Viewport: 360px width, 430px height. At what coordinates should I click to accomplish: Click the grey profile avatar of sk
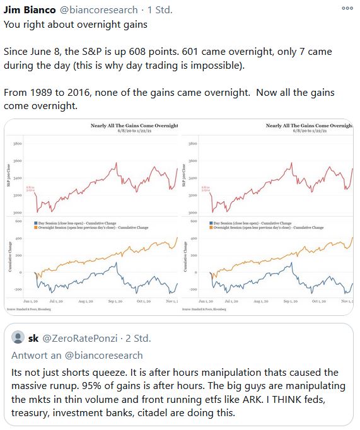pos(18,339)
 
